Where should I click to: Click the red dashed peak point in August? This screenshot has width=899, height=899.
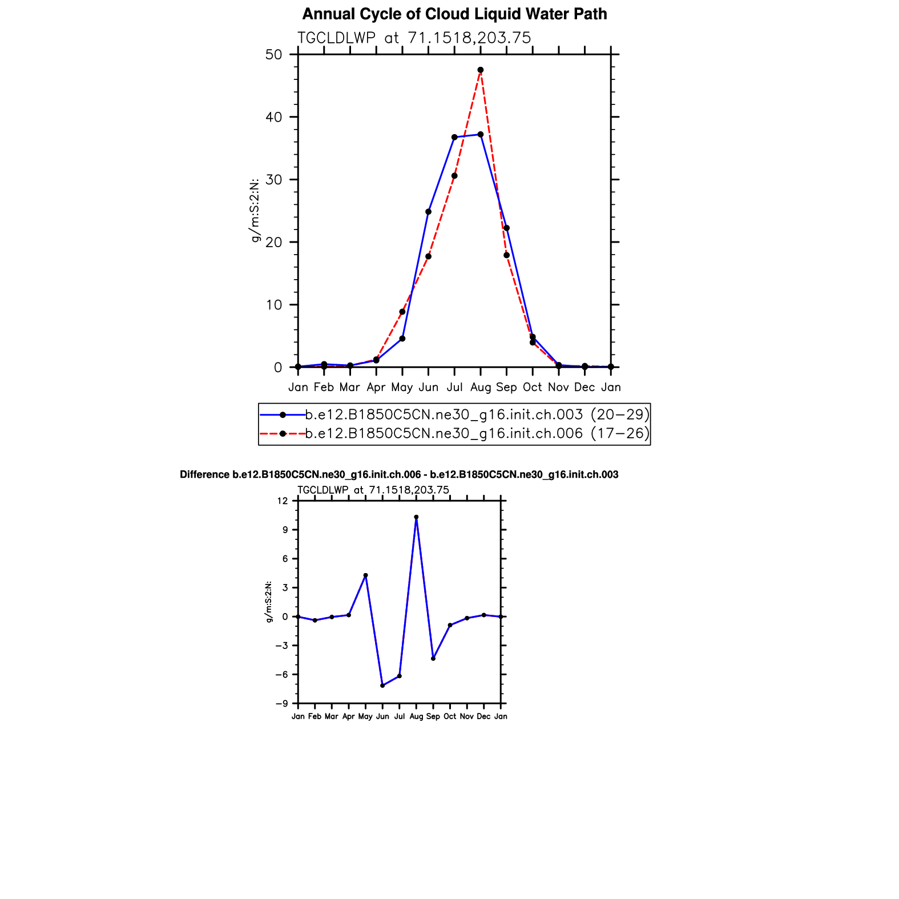tap(481, 70)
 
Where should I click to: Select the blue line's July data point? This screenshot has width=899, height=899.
tap(454, 138)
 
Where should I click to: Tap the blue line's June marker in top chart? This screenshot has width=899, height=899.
tap(428, 212)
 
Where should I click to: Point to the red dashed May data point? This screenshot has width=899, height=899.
tap(402, 312)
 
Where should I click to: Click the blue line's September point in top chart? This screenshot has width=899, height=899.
tap(506, 228)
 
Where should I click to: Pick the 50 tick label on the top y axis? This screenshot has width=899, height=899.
tap(274, 55)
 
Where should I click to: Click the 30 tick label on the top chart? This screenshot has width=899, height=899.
tap(274, 180)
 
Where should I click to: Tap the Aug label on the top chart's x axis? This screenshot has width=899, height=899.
tap(481, 388)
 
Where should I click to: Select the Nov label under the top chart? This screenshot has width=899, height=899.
tap(558, 388)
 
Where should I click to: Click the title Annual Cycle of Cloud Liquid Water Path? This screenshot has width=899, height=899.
tap(454, 14)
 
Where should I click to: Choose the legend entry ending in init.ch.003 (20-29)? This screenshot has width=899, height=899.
tap(477, 414)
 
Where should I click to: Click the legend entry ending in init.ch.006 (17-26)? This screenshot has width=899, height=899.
tap(477, 434)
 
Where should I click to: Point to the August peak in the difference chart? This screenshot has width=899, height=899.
tap(416, 517)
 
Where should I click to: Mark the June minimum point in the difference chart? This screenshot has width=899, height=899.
tap(382, 686)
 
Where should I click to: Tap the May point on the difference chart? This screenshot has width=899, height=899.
tap(365, 575)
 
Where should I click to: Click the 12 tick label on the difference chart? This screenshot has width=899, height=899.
tap(283, 501)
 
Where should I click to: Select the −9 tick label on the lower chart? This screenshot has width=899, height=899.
tap(281, 704)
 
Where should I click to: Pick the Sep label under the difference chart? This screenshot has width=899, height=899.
tap(433, 717)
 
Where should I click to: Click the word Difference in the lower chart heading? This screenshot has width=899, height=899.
tap(204, 475)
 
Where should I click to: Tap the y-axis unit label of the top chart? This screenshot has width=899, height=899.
tap(255, 210)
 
